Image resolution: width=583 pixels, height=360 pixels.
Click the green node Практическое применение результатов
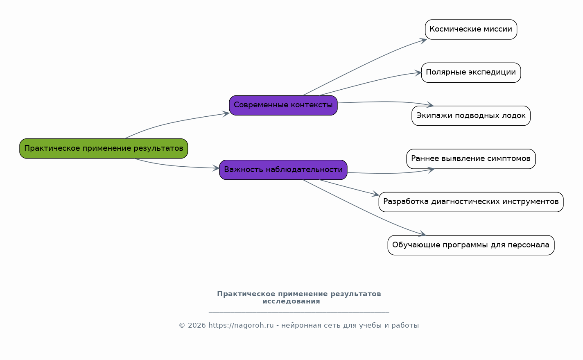click(104, 148)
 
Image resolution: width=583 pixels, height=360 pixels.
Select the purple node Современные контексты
click(283, 105)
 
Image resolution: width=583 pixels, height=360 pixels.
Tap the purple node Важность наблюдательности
click(283, 170)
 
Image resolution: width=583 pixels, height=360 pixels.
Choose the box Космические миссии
click(471, 29)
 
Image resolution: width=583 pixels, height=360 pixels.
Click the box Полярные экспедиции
click(471, 72)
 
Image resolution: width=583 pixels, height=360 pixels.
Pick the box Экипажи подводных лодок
click(471, 115)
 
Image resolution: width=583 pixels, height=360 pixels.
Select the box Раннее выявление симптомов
click(471, 159)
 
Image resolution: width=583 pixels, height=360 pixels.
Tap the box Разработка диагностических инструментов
click(471, 202)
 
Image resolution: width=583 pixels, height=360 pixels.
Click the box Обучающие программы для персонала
click(471, 245)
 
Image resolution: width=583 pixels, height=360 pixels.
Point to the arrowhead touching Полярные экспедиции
click(418, 73)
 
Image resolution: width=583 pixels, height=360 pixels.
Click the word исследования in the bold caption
click(291, 301)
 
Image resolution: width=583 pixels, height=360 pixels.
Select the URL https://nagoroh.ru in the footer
click(241, 325)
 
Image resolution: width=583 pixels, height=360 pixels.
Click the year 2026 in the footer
click(197, 325)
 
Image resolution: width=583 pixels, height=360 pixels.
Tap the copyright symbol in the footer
click(182, 325)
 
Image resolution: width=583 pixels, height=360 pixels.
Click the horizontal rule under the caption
click(299, 312)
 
